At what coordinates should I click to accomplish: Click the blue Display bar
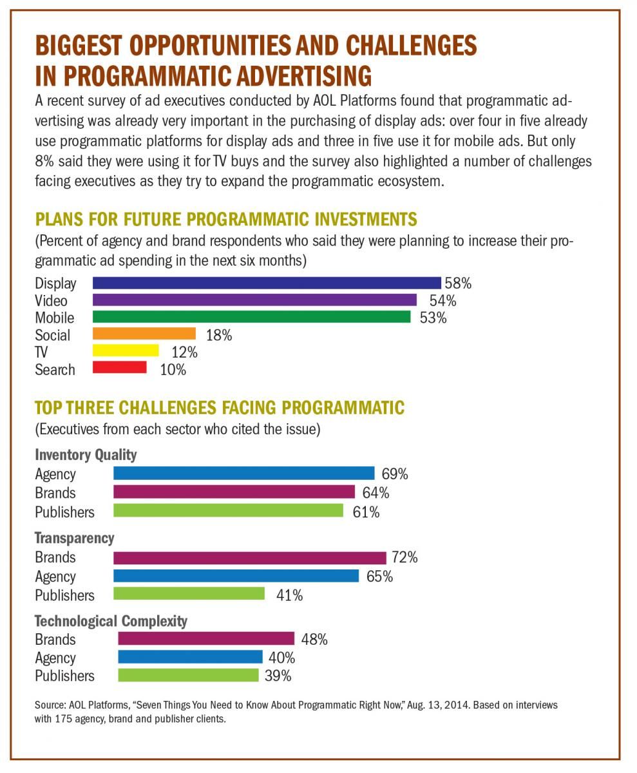pyautogui.click(x=267, y=283)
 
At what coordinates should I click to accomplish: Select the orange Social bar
pyautogui.click(x=144, y=334)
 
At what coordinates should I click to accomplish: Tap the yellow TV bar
pyautogui.click(x=126, y=350)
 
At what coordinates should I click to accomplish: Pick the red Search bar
pyautogui.click(x=120, y=368)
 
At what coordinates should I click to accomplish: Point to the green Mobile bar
pyautogui.click(x=251, y=317)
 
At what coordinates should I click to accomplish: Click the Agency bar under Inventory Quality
pyautogui.click(x=243, y=473)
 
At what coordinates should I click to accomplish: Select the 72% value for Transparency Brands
pyautogui.click(x=404, y=558)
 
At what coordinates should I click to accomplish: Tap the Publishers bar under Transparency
pyautogui.click(x=189, y=594)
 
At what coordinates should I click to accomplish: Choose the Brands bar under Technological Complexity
pyautogui.click(x=206, y=639)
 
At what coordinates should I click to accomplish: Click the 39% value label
pyautogui.click(x=278, y=676)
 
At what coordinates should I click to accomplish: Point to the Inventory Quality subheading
pyautogui.click(x=86, y=455)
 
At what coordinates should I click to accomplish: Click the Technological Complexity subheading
pyautogui.click(x=111, y=621)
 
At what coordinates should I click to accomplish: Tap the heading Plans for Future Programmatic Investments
pyautogui.click(x=225, y=219)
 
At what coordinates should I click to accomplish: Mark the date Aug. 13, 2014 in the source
pyautogui.click(x=444, y=705)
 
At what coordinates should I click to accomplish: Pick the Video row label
pyautogui.click(x=51, y=301)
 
